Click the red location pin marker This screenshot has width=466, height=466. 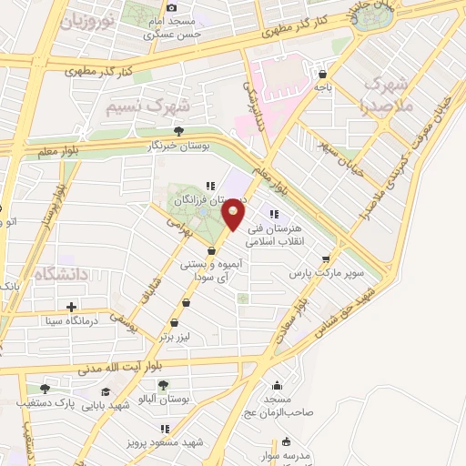coord(234,216)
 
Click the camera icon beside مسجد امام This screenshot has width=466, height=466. coord(171,8)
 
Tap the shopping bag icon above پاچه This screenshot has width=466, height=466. coord(323,74)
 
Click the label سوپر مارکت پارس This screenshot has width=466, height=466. coord(327,272)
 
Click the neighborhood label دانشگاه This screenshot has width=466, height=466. coord(60,273)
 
